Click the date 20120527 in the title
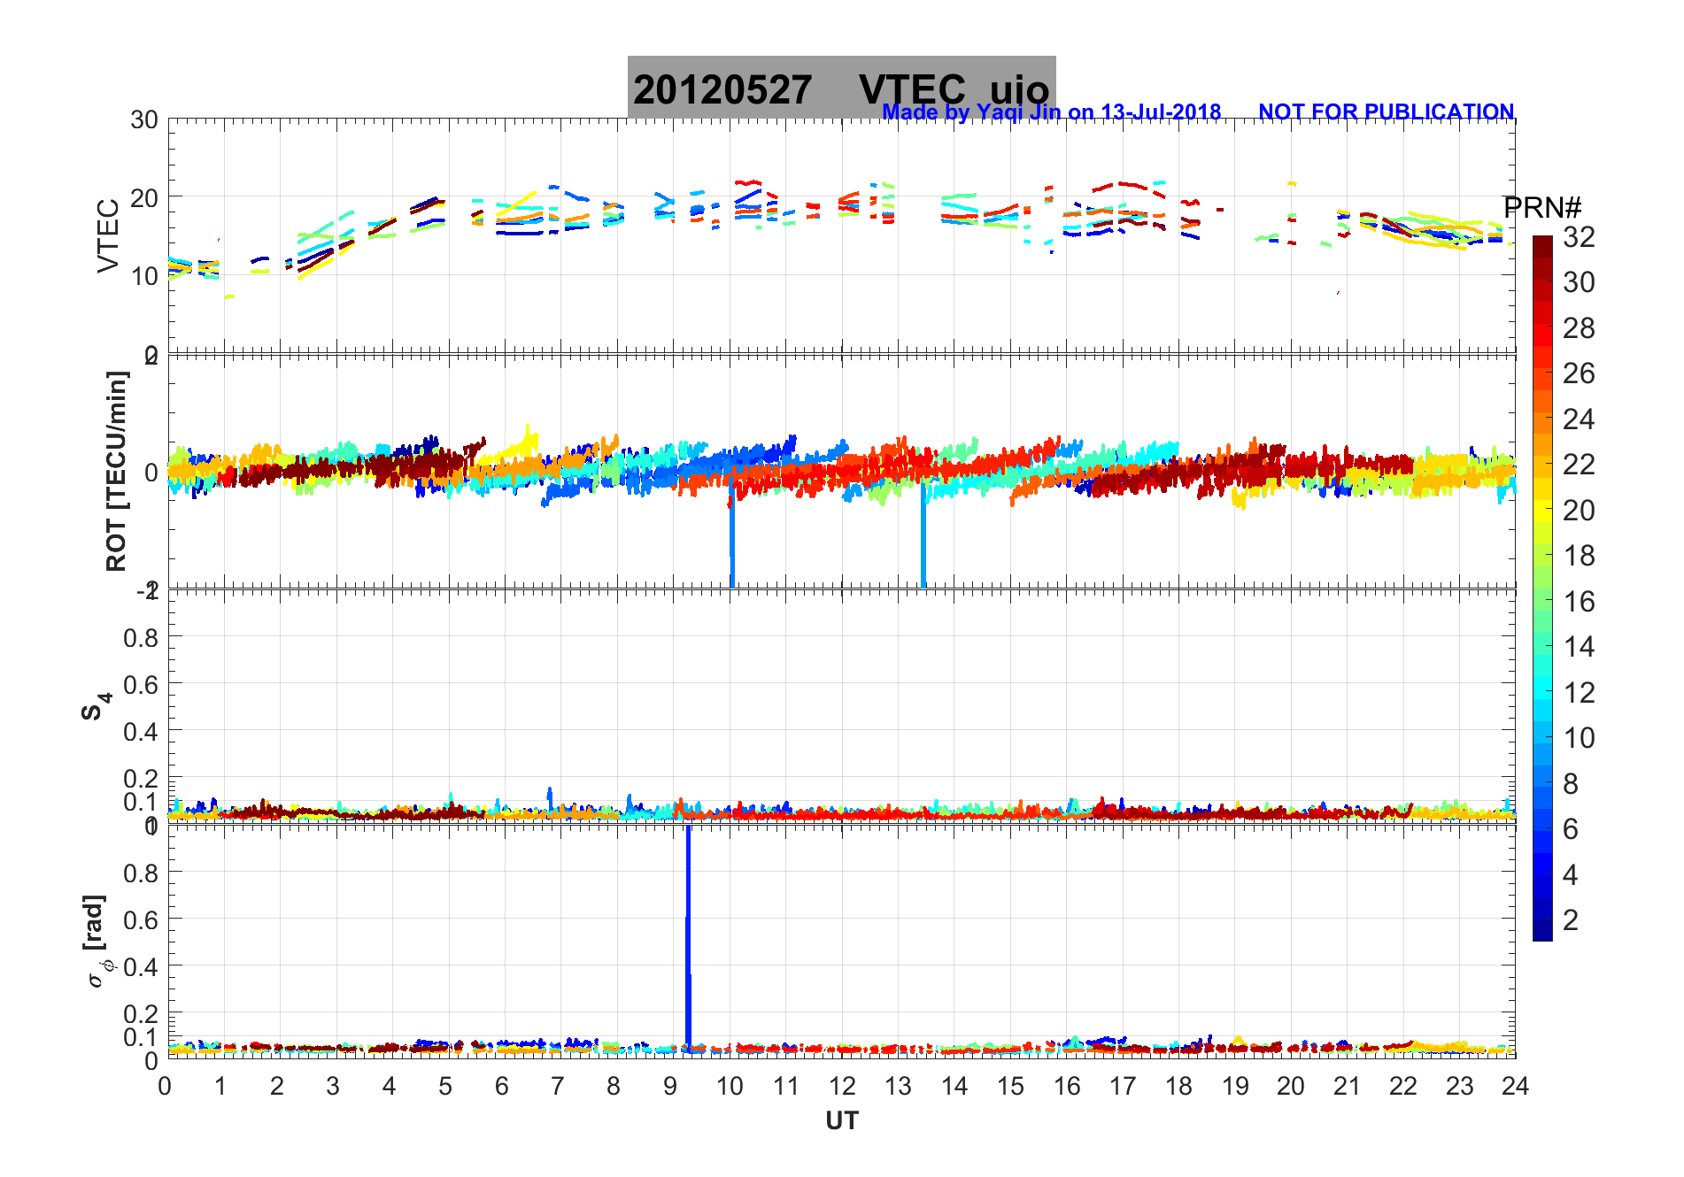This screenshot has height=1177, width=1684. tap(722, 90)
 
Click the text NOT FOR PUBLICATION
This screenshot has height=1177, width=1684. tap(1386, 112)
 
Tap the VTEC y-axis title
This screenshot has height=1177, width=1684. tap(108, 236)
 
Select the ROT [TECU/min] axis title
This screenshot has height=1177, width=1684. tap(116, 471)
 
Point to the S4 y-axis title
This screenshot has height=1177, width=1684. tap(96, 705)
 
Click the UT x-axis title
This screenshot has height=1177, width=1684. tap(841, 1121)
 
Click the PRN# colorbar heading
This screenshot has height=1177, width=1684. tap(1542, 208)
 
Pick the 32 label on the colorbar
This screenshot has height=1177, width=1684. tap(1579, 236)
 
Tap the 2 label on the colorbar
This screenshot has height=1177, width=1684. tap(1571, 920)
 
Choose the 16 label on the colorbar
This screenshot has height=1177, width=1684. tap(1579, 602)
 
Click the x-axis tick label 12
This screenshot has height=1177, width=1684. tap(842, 1086)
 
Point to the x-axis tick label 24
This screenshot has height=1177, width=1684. tap(1515, 1086)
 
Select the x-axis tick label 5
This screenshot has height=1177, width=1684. tap(445, 1086)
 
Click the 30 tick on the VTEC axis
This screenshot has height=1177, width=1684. tap(144, 120)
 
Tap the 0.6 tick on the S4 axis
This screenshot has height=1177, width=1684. tap(142, 684)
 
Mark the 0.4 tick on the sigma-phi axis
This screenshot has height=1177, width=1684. tap(142, 966)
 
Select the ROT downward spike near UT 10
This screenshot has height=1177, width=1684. tap(732, 540)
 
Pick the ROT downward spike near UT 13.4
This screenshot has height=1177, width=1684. tap(923, 540)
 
